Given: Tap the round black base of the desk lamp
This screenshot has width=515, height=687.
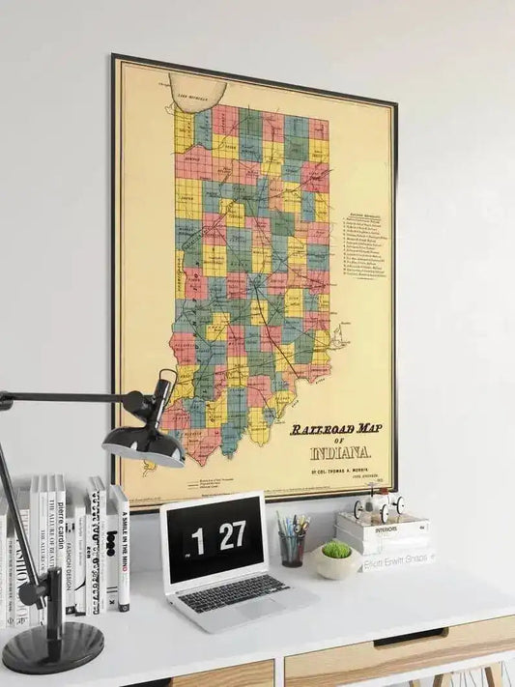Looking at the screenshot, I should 52,646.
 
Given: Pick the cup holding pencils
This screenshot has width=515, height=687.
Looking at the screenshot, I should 291,548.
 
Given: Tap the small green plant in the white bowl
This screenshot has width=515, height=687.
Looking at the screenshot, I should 336,550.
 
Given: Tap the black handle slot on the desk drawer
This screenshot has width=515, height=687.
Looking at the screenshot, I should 410,638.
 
